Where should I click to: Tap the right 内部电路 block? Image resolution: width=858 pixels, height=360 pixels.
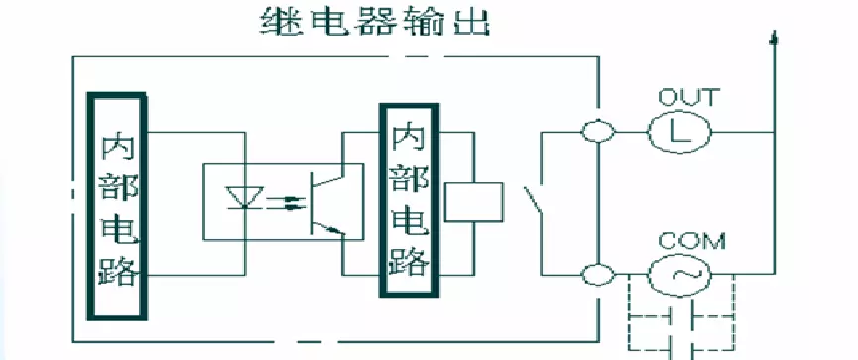point(410,199)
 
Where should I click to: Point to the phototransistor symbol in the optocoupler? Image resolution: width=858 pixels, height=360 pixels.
point(321,202)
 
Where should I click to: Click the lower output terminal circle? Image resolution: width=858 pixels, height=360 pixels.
point(597,273)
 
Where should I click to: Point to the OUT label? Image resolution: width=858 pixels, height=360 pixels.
point(689,98)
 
